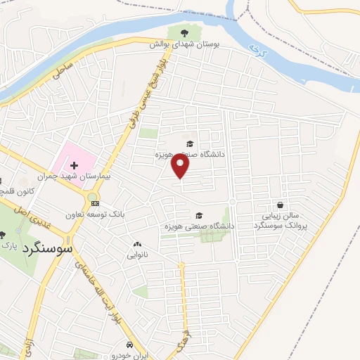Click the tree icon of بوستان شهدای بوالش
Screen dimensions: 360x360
[184, 32]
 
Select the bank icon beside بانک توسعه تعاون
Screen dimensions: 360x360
[96, 203]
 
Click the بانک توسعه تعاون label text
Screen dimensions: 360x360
[96, 214]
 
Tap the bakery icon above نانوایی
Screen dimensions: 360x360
[136, 245]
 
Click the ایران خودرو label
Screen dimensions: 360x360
[129, 355]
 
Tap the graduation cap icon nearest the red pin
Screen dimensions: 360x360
[188, 143]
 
